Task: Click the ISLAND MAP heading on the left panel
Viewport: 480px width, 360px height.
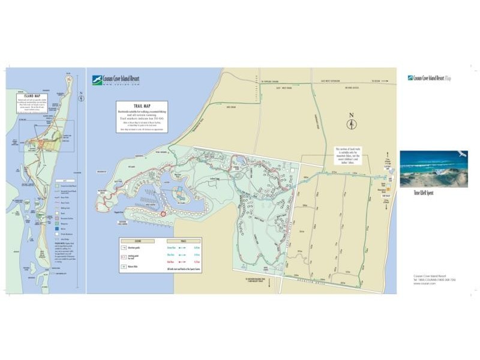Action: (29, 96)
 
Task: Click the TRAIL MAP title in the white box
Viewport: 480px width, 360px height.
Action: (142, 105)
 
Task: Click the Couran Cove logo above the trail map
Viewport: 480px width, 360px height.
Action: (97, 80)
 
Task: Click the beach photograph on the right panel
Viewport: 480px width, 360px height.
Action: (433, 169)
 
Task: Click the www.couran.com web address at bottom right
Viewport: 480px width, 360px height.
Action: (424, 283)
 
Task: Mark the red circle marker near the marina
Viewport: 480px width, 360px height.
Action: (163, 213)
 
